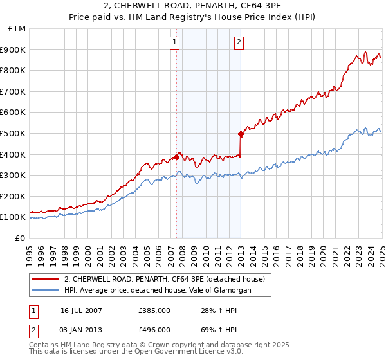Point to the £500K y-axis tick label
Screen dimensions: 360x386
coord(14,133)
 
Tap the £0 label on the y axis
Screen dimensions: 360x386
coord(20,238)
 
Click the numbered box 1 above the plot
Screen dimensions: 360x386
coord(175,43)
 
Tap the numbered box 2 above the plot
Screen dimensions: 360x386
coord(239,43)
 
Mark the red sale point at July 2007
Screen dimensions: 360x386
coord(176,157)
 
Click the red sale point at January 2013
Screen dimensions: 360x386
coord(241,134)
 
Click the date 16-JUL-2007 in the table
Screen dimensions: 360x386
coord(81,310)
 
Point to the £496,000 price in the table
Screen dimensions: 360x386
coord(154,330)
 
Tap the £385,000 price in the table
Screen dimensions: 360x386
coord(154,310)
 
